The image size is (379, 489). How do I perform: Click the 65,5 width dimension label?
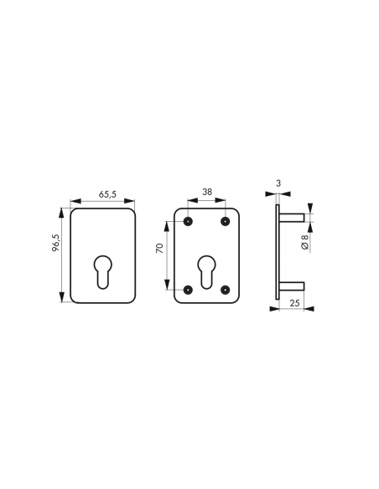coord(107,194)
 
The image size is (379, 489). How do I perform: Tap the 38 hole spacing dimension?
coord(207,192)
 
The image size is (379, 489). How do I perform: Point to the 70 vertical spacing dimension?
coord(159,248)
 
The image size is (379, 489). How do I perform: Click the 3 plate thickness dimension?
coord(278,183)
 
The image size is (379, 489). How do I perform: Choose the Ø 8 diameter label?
coord(304,242)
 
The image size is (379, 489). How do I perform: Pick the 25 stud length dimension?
coord(294,303)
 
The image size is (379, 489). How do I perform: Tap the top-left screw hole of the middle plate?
coord(188,221)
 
